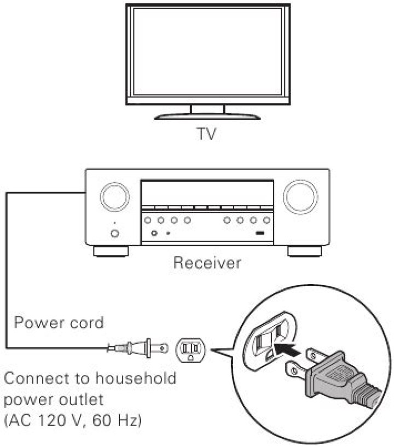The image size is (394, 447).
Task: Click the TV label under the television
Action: [x=207, y=134]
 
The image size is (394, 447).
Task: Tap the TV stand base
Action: [x=207, y=115]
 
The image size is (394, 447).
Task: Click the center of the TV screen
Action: [x=207, y=53]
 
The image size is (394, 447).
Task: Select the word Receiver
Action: [x=207, y=263]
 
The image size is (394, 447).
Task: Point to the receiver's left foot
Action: [x=111, y=252]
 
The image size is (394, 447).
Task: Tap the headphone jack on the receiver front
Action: [x=154, y=233]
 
